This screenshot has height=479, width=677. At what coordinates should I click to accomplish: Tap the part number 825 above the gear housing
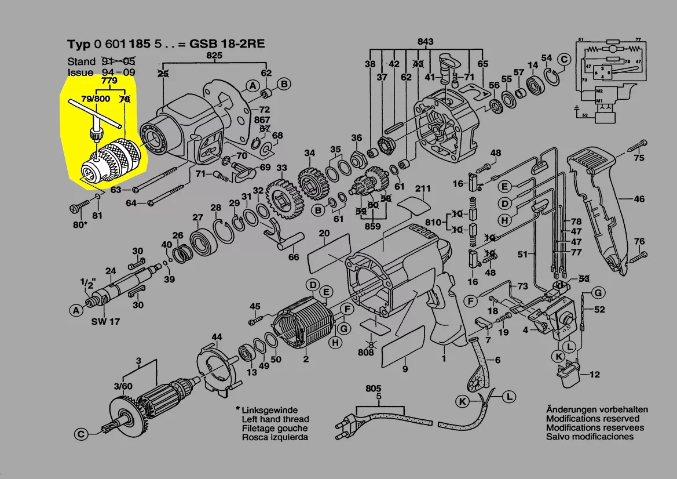pos(214,56)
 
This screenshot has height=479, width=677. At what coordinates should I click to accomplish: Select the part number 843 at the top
pos(426,42)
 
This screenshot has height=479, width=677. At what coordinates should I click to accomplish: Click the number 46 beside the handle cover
pos(638,199)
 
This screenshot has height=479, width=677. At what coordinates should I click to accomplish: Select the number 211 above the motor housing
pos(422,188)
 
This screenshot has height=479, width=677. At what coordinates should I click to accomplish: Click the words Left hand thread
pos(275,419)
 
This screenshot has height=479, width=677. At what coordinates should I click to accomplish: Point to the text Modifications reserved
pos(592,418)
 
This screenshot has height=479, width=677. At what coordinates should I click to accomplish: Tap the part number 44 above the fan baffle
pos(217,337)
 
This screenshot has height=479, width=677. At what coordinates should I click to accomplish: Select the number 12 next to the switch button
pos(594,375)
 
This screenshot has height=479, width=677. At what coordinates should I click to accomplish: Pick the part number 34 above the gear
pos(310,154)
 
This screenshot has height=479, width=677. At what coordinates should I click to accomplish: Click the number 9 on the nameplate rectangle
pos(405,369)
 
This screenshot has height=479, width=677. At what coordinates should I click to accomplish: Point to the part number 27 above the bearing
pos(197,217)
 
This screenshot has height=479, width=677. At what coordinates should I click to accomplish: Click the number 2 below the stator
pos(305,359)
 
